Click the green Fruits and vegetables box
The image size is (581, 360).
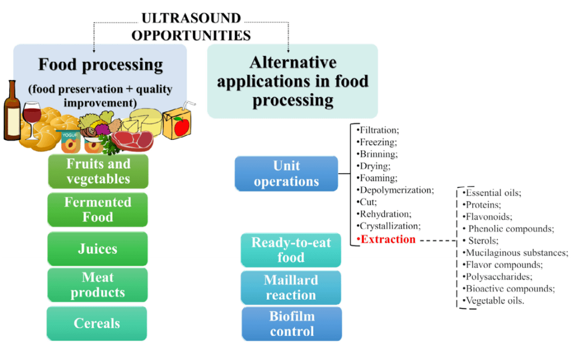pos(98,171)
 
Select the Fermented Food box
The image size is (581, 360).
pos(97,209)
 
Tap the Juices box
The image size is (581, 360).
pos(97,249)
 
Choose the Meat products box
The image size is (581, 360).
pos(97,285)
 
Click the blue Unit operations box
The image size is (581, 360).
pos(286,173)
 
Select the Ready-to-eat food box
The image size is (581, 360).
pos(291,250)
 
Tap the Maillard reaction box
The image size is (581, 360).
pos(290,287)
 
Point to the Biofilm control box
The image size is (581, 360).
pos(292,323)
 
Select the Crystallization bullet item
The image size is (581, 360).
pos(389,226)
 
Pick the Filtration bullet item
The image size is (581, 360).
pos(379,130)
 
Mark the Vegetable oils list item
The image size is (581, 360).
pos(494,301)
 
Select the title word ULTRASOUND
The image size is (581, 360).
pos(191,18)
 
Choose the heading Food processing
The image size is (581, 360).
pos(100,65)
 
